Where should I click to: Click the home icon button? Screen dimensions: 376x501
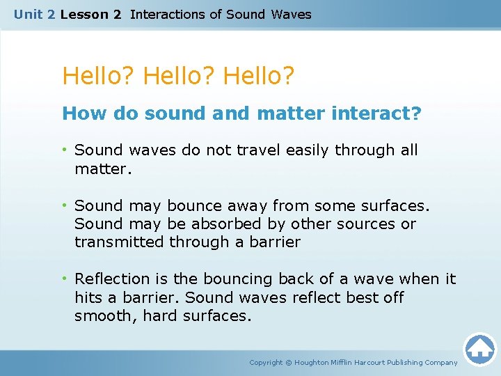pos(479,348)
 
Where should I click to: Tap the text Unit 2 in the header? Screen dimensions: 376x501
pos(35,14)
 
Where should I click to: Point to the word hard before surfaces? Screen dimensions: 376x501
pos(157,315)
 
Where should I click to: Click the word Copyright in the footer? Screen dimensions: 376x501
pos(267,363)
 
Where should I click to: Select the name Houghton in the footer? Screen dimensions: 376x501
pos(317,363)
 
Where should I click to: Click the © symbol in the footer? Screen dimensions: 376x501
pos(289,363)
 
